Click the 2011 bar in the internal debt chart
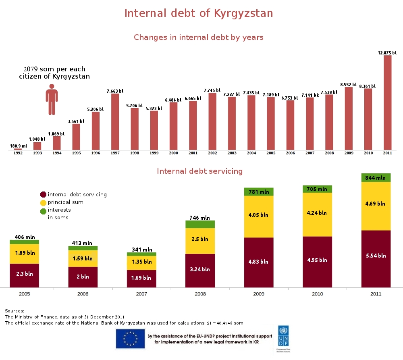387,102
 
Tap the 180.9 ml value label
18,146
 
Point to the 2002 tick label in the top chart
212,153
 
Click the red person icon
52,99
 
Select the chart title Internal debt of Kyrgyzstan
199,13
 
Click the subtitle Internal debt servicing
199,171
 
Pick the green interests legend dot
44,211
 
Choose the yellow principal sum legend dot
44,202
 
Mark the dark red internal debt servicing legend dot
44,195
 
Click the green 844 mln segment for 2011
376,178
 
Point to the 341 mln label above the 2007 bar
142,250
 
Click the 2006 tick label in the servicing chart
83,294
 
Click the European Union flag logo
130,339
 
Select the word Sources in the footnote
15,311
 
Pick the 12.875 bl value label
387,52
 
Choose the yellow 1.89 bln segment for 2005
25,254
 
